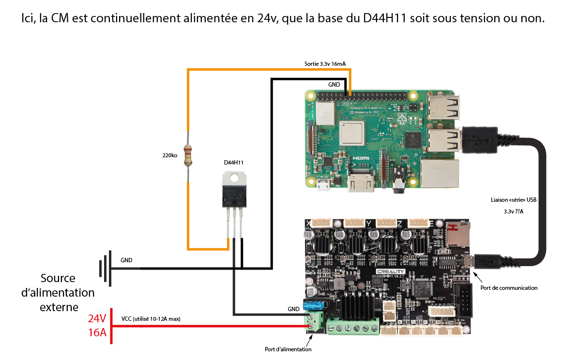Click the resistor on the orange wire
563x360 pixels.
188,155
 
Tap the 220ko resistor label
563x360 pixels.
169,156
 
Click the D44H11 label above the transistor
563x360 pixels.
233,163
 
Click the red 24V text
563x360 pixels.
97,319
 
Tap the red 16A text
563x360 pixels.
97,333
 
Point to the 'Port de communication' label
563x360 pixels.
508,288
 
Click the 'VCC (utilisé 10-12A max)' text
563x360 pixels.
151,319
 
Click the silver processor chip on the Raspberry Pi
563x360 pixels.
352,132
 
